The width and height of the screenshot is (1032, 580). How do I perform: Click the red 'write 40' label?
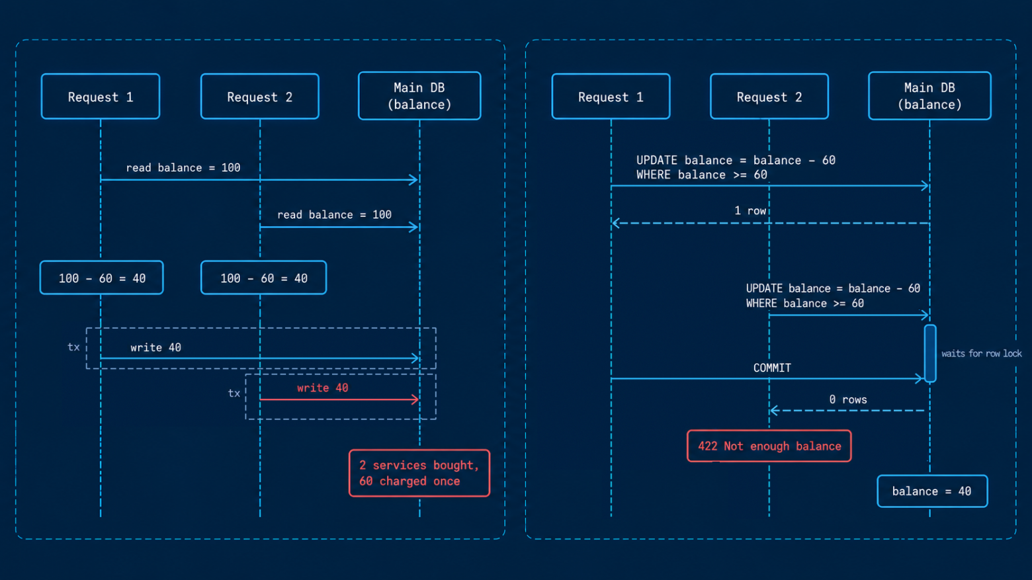(323, 388)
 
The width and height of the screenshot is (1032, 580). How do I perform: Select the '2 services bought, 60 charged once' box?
(419, 473)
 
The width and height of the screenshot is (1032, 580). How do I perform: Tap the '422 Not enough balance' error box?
(769, 446)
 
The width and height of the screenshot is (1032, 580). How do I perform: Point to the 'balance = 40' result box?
(932, 491)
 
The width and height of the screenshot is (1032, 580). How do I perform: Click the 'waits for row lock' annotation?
(981, 353)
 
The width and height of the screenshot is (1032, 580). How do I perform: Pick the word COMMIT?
(772, 368)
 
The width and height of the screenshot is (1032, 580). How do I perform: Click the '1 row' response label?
(750, 210)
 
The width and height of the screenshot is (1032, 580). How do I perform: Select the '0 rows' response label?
(847, 399)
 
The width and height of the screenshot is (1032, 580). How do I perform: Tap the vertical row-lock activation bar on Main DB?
(930, 353)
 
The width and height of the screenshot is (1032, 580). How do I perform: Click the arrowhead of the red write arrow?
(415, 399)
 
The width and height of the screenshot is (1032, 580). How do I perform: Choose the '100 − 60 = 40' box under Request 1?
(101, 277)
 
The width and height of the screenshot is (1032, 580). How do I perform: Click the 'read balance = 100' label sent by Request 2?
(334, 215)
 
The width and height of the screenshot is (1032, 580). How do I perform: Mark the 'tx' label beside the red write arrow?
(234, 393)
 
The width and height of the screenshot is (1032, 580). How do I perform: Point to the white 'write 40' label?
(155, 347)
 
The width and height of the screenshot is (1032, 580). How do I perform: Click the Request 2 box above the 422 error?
(769, 97)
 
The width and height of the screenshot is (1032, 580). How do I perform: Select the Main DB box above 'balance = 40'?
(929, 96)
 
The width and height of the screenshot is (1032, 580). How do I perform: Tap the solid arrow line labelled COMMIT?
(767, 379)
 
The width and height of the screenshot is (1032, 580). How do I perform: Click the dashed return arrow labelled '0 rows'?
(847, 410)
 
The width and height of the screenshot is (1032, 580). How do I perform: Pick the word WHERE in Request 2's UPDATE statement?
(761, 303)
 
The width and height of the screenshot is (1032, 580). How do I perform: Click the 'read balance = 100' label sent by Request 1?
(183, 168)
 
